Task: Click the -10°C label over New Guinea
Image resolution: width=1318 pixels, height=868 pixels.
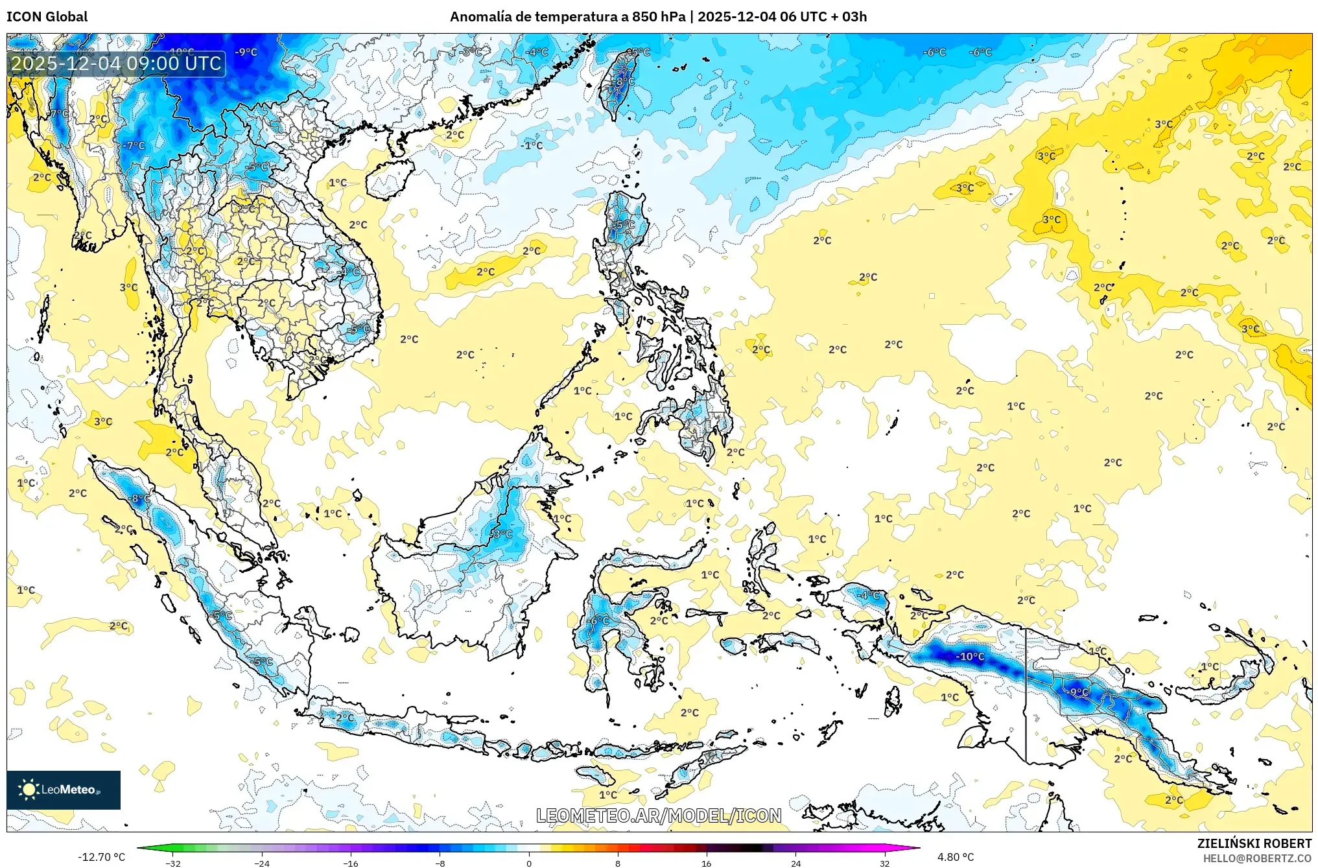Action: [970, 657]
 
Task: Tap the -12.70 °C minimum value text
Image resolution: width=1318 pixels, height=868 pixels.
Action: [102, 857]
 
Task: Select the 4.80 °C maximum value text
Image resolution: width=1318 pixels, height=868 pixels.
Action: [956, 857]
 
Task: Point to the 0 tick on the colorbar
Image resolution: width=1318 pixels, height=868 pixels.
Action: [529, 863]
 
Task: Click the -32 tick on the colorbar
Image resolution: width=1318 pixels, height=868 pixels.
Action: [173, 863]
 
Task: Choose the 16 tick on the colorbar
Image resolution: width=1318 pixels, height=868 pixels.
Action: [707, 863]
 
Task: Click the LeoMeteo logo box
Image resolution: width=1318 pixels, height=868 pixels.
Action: [64, 790]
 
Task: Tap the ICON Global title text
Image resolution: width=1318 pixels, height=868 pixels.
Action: [47, 17]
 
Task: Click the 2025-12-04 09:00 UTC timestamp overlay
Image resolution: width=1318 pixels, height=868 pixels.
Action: [117, 64]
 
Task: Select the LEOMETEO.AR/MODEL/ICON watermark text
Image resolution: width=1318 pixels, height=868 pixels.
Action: [659, 815]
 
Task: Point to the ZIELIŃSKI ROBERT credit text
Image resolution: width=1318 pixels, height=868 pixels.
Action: [1254, 843]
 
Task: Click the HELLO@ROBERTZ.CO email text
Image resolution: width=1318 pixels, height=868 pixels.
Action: [1257, 858]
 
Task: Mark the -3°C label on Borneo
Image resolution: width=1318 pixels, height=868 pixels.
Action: [501, 534]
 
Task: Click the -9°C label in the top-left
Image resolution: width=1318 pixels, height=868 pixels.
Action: [246, 52]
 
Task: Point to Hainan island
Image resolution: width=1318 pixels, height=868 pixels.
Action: [389, 179]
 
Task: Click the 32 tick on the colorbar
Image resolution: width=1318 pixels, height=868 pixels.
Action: [884, 863]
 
